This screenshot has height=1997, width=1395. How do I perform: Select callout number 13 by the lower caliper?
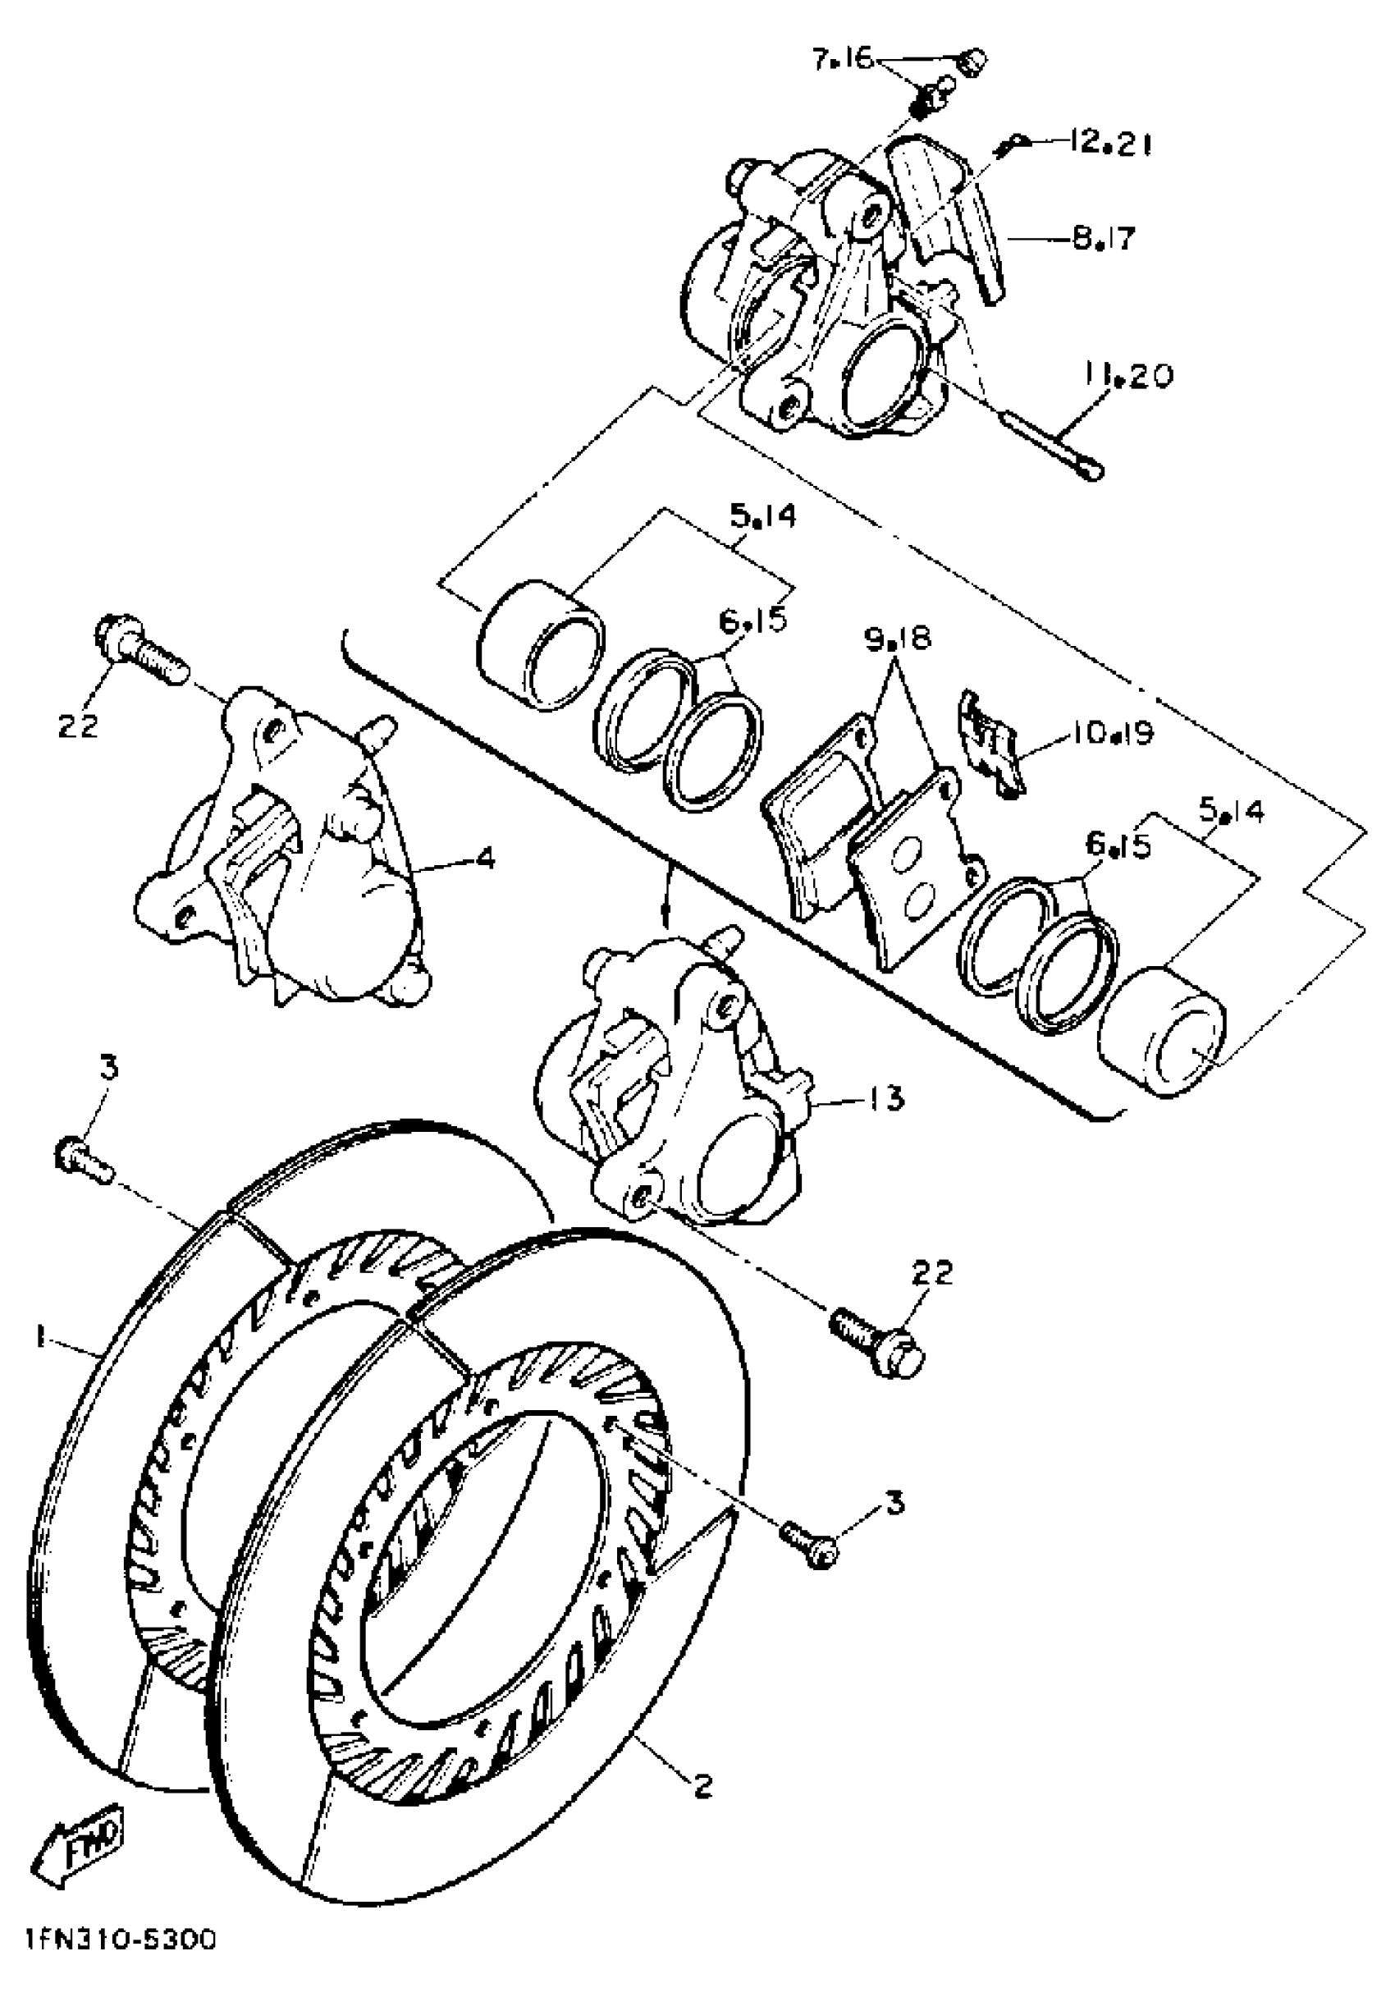pos(885,1097)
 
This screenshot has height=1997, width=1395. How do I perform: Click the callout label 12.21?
pos(1104,144)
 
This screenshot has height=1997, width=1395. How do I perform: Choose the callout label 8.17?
pos(1104,237)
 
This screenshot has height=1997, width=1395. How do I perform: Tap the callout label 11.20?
pos(1128,376)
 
